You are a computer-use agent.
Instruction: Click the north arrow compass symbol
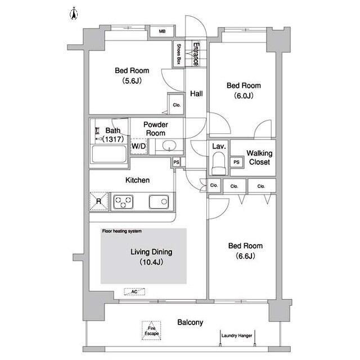click(74, 13)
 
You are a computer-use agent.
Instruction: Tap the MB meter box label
click(162, 31)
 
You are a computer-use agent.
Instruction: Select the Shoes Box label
click(179, 54)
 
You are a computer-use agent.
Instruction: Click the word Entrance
click(196, 54)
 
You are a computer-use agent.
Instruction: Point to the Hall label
click(196, 93)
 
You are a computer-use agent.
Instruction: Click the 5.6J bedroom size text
click(132, 81)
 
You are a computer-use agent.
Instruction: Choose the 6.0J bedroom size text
click(244, 96)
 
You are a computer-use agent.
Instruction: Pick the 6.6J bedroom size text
click(245, 256)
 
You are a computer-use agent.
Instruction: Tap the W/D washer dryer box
click(139, 146)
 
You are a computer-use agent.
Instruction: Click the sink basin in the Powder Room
click(169, 146)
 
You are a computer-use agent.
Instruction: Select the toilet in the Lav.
click(219, 164)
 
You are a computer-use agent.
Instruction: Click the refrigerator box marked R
click(99, 201)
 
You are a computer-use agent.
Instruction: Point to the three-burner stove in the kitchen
click(123, 202)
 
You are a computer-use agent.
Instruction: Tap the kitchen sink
click(159, 202)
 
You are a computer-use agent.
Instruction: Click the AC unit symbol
click(134, 291)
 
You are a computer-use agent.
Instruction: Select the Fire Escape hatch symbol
click(151, 331)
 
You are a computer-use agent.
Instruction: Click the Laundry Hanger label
click(237, 336)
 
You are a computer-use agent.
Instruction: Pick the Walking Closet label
click(259, 157)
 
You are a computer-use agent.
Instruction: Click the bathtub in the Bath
click(109, 154)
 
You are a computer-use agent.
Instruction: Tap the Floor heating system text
click(122, 231)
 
